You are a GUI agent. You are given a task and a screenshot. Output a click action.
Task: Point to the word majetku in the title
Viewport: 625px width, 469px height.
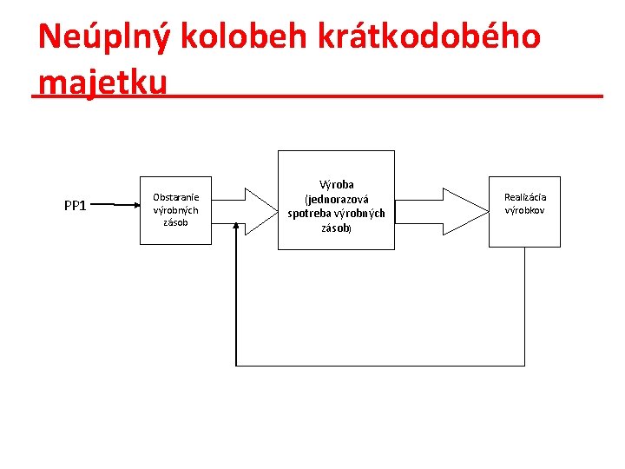coord(102,82)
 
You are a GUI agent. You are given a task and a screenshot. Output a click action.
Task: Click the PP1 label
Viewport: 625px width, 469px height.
coord(76,206)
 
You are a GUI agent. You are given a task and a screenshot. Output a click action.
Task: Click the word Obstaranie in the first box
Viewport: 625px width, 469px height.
coord(176,197)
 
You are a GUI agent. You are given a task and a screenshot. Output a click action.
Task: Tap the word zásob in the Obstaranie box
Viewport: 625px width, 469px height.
coord(176,221)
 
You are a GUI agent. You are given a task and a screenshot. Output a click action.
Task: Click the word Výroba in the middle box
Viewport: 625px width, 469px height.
coord(337,185)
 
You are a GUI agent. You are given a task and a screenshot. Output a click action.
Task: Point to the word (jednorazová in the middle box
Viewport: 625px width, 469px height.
coord(336,199)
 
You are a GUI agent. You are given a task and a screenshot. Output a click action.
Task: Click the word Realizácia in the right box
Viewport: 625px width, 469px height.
coord(525,197)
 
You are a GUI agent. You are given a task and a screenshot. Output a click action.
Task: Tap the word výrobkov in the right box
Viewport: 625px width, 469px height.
coord(525,210)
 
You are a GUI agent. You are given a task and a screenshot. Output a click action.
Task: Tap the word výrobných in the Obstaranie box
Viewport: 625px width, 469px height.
coord(176,209)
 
